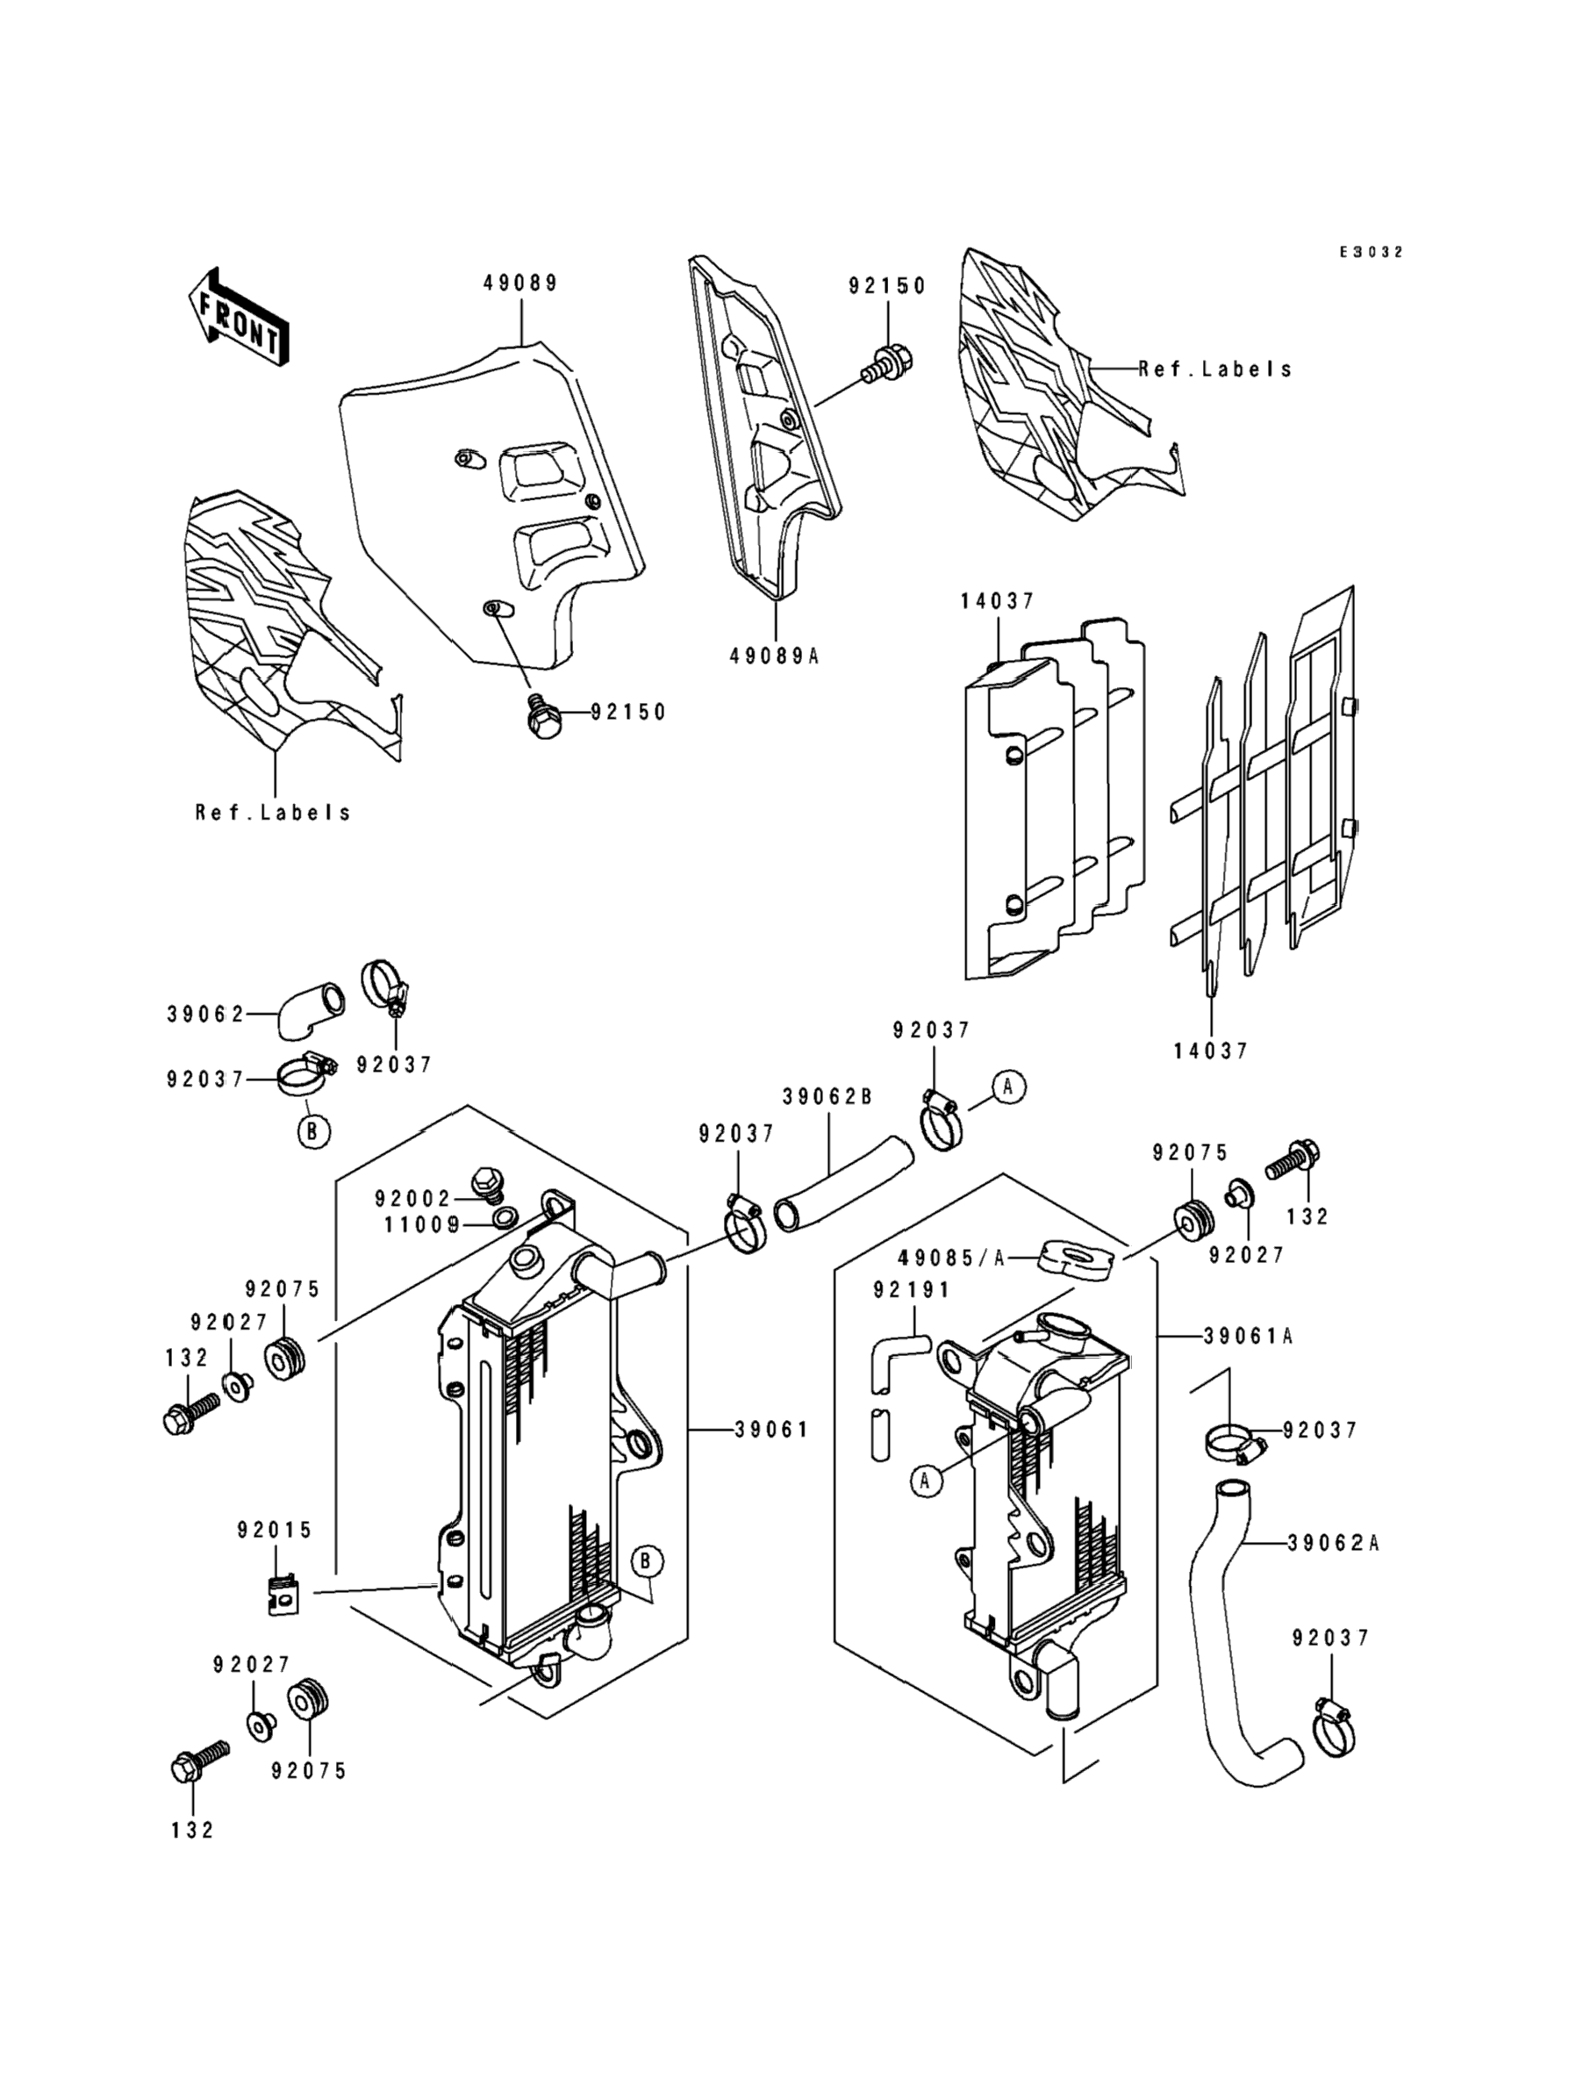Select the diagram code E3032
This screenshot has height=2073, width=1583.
point(1372,253)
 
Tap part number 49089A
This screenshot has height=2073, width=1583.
point(774,656)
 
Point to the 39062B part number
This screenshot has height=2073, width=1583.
point(827,1097)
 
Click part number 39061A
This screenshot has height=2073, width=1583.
point(1248,1336)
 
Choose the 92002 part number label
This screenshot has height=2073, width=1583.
point(412,1199)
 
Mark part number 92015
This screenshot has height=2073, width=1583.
point(274,1531)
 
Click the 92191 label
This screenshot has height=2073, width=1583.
point(911,1290)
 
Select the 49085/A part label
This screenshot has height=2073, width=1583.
point(952,1258)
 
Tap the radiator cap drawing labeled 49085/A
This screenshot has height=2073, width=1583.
point(1075,1259)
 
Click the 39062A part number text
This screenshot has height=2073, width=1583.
point(1332,1544)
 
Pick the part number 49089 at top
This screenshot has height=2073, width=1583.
point(520,283)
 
